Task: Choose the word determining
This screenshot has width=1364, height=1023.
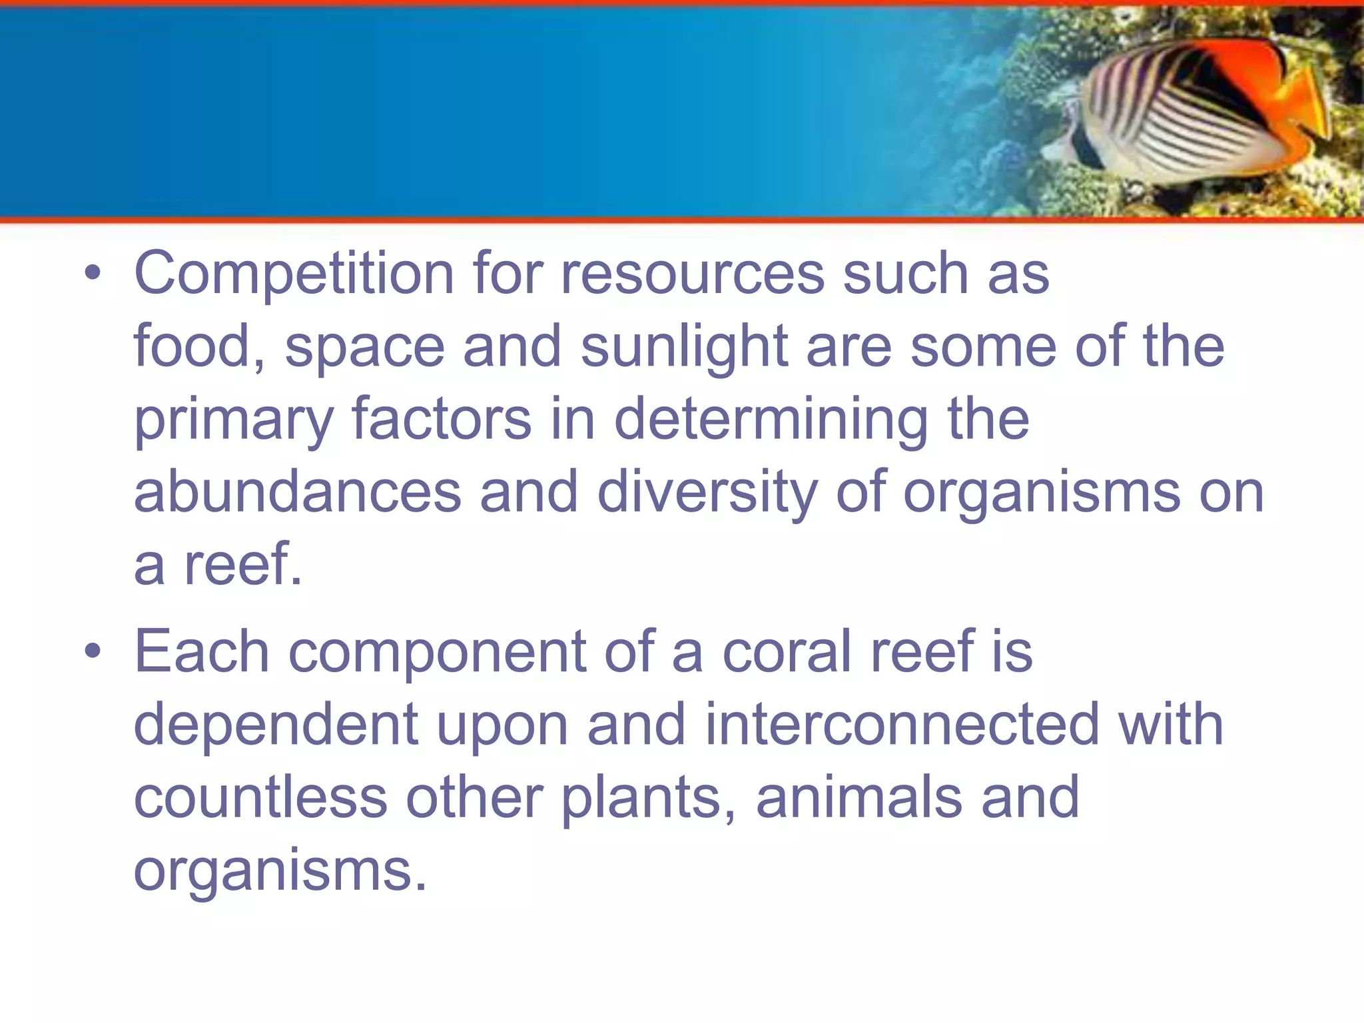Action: (x=771, y=421)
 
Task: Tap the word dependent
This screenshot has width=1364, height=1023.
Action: (x=276, y=725)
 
